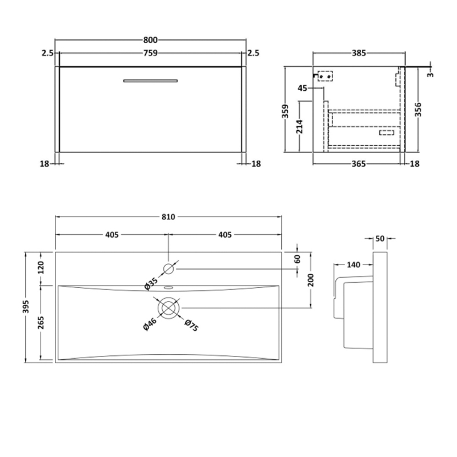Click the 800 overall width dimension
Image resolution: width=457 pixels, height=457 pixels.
pyautogui.click(x=150, y=40)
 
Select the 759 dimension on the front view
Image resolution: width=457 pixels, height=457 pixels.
pyautogui.click(x=150, y=53)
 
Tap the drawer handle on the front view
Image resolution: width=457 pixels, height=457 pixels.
pyautogui.click(x=151, y=81)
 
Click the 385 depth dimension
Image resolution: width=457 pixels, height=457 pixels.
pyautogui.click(x=358, y=53)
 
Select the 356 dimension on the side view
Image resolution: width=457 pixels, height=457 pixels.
pyautogui.click(x=419, y=109)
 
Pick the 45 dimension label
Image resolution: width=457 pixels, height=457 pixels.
pyautogui.click(x=303, y=88)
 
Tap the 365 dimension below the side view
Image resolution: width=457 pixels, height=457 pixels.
pyautogui.click(x=358, y=164)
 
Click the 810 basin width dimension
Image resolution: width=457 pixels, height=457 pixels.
pyautogui.click(x=169, y=217)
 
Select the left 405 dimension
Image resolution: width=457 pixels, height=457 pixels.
pyautogui.click(x=111, y=234)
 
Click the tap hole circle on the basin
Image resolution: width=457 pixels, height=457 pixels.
pyautogui.click(x=169, y=268)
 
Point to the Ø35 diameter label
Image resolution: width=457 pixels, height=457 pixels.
pyautogui.click(x=150, y=282)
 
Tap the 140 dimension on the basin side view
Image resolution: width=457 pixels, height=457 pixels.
pyautogui.click(x=354, y=264)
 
